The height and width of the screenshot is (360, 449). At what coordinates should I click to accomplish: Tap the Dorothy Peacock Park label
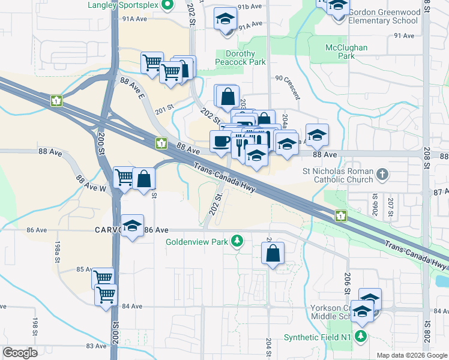coord(240,58)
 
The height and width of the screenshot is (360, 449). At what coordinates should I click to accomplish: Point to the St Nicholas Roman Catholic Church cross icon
coord(382,175)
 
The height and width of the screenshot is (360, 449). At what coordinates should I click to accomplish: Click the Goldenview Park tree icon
coord(238,241)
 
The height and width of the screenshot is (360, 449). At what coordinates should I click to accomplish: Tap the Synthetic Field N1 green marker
coord(360,337)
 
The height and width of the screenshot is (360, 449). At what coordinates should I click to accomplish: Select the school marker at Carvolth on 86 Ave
coord(133,226)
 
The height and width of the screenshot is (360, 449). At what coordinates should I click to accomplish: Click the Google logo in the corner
coord(20,353)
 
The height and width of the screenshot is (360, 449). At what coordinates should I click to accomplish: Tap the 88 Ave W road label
coord(91,183)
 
